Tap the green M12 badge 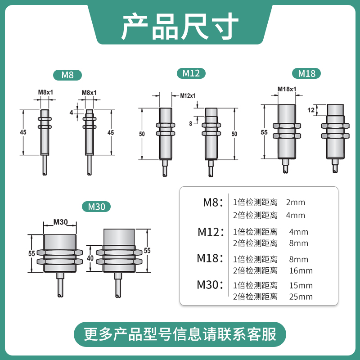click(191, 73)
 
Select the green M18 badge click(306, 73)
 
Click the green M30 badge click(96, 207)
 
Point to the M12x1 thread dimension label click(188, 95)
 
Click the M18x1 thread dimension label click(287, 89)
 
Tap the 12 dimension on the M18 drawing click(310, 110)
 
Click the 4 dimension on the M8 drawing click(71, 112)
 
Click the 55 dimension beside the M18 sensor click(264, 132)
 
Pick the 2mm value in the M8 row click(295, 202)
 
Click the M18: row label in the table click(210, 258)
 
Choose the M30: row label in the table click(210, 284)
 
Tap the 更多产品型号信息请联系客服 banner click(180, 335)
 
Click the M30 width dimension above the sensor click(60, 221)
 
